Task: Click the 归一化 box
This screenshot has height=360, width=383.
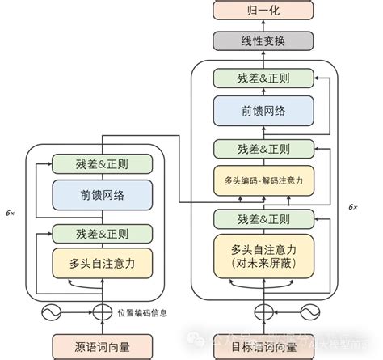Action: point(262,11)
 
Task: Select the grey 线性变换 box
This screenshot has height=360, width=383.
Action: point(262,40)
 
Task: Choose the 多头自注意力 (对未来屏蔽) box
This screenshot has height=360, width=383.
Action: point(262,256)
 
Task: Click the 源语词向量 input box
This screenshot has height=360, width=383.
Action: point(101,346)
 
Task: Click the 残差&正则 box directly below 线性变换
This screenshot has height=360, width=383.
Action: point(262,79)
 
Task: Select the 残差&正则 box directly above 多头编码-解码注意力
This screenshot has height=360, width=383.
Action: point(262,149)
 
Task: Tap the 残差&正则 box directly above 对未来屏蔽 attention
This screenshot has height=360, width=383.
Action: point(262,218)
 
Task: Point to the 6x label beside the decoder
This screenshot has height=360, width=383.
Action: point(352,207)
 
